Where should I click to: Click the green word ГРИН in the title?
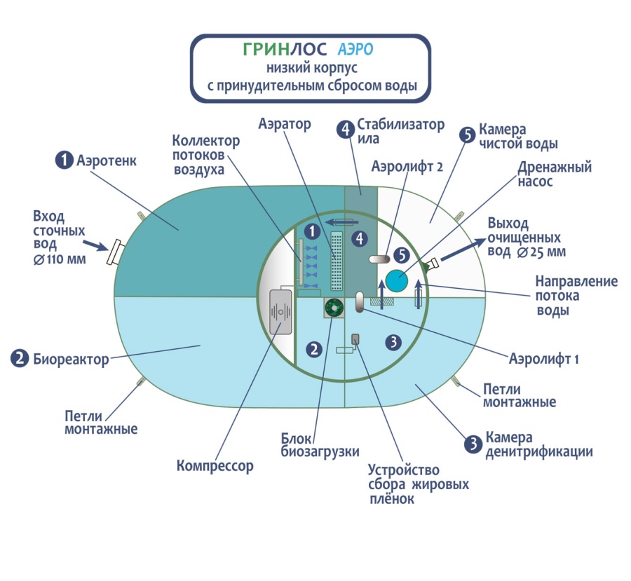point(266,50)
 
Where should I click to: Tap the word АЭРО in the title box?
point(355,50)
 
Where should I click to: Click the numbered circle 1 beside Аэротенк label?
point(64,160)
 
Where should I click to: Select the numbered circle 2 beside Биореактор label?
point(20,358)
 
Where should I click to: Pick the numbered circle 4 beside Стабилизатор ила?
point(345,130)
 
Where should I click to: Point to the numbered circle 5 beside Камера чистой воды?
point(467,135)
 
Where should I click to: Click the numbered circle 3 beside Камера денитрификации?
point(473,444)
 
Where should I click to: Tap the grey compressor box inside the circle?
point(281,313)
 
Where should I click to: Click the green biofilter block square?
point(334,308)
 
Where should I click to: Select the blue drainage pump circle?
point(397,280)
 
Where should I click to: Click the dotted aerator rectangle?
point(337,261)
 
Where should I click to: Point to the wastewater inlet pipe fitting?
point(114,252)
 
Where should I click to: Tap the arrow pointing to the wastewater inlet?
point(95,245)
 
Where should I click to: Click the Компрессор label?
point(215,466)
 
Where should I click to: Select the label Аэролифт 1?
point(543,359)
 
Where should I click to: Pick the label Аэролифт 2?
point(407,166)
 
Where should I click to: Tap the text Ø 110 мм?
point(60,259)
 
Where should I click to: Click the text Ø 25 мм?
point(541,252)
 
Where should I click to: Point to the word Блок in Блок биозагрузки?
point(296,438)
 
